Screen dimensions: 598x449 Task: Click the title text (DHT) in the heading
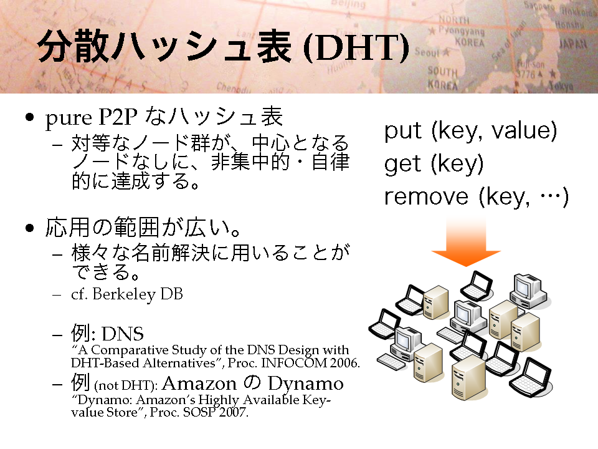pyautogui.click(x=356, y=48)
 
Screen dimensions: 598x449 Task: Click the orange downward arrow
pyautogui.click(x=466, y=243)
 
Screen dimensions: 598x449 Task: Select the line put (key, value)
pyautogui.click(x=471, y=131)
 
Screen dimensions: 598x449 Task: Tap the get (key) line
pyautogui.click(x=434, y=164)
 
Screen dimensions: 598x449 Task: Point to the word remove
pyautogui.click(x=426, y=197)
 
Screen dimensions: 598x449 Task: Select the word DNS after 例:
pyautogui.click(x=123, y=334)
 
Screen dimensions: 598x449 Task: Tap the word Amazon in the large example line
pyautogui.click(x=199, y=384)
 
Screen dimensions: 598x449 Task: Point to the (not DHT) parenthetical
pyautogui.click(x=125, y=385)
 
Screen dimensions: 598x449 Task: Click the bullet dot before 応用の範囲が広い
pyautogui.click(x=29, y=228)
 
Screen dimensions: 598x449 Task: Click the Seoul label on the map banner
pyautogui.click(x=427, y=52)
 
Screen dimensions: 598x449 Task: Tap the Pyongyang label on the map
pyautogui.click(x=462, y=31)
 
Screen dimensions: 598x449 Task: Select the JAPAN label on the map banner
pyautogui.click(x=573, y=44)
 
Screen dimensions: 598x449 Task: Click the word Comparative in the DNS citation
pyautogui.click(x=130, y=350)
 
